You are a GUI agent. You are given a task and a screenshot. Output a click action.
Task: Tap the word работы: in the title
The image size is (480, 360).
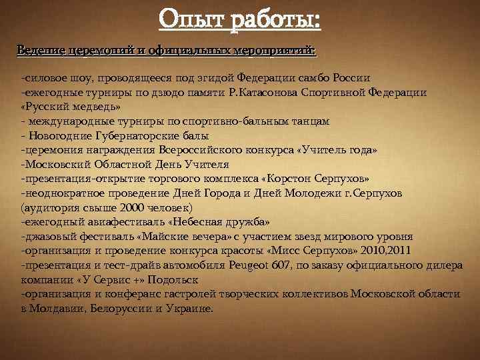click(277, 20)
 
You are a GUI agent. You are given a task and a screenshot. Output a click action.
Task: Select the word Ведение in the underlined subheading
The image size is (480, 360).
click(38, 51)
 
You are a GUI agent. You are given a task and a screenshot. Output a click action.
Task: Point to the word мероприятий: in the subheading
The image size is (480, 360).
click(277, 51)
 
